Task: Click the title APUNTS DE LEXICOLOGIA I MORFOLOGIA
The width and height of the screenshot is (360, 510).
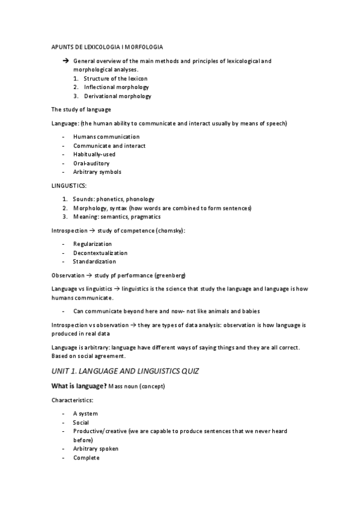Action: pyautogui.click(x=107, y=46)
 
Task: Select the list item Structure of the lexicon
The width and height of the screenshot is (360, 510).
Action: pyautogui.click(x=115, y=79)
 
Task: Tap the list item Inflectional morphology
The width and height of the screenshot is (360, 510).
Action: pyautogui.click(x=116, y=87)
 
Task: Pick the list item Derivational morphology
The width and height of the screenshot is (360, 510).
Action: pyautogui.click(x=117, y=96)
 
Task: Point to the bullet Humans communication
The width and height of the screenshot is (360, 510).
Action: pyautogui.click(x=106, y=137)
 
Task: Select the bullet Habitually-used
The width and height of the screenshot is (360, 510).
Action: pyautogui.click(x=94, y=154)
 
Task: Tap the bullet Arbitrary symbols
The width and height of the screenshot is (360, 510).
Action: pyautogui.click(x=97, y=171)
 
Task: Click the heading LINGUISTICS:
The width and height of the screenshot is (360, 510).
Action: pyautogui.click(x=69, y=186)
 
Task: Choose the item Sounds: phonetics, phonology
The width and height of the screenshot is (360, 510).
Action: pyautogui.click(x=114, y=199)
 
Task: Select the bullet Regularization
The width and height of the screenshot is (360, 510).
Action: pyautogui.click(x=93, y=244)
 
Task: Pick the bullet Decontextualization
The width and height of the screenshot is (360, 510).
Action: pyautogui.click(x=100, y=253)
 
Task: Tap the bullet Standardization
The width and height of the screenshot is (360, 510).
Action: pyautogui.click(x=94, y=262)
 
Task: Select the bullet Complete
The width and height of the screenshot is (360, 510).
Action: pyautogui.click(x=87, y=458)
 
